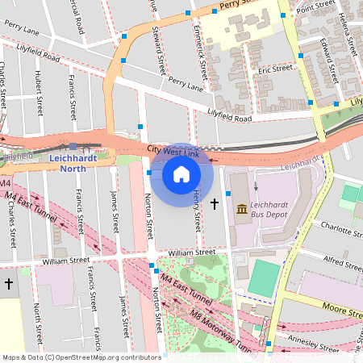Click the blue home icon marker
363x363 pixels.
[x=181, y=173]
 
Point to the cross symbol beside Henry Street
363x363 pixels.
[x=214, y=205]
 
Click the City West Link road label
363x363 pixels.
[x=173, y=151]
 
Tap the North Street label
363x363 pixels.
[x=38, y=320]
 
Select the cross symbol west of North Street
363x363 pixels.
[x=8, y=284]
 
